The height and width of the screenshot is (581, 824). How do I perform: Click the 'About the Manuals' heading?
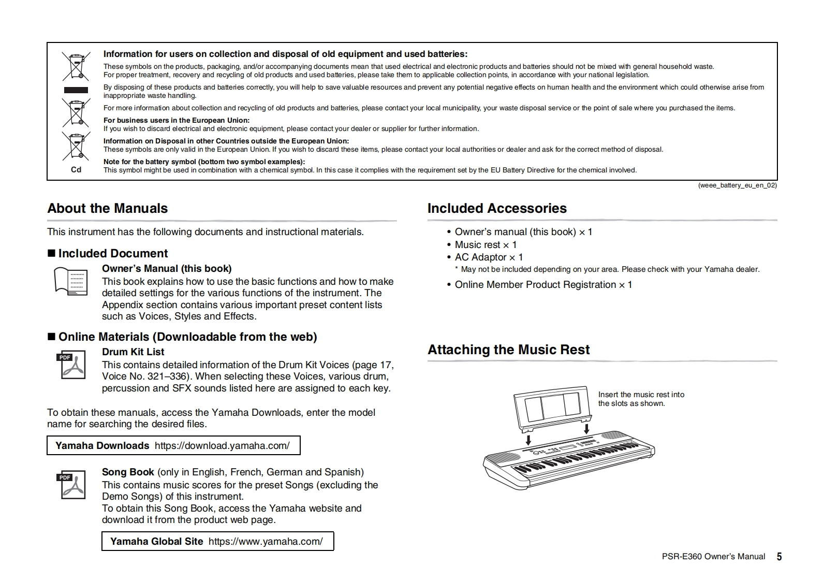point(108,209)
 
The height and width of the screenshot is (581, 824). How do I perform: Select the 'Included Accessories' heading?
point(497,209)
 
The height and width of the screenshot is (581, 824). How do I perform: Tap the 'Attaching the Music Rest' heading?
point(508,350)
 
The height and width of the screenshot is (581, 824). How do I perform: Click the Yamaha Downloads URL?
point(222,446)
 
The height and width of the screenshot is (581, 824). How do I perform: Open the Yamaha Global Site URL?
point(266,542)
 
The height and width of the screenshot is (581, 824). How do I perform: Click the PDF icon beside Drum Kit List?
point(71,366)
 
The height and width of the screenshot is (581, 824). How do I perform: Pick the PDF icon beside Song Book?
point(71,485)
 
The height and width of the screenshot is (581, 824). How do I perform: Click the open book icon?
point(71,281)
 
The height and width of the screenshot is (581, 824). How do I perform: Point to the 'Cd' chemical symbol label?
point(76,170)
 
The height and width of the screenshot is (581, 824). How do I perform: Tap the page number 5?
point(779,557)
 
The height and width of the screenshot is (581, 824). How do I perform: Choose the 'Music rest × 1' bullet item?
point(485,245)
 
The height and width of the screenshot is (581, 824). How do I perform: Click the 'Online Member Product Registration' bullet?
point(543,285)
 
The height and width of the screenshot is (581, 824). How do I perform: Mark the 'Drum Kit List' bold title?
point(133,352)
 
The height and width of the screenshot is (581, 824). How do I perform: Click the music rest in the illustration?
point(552,408)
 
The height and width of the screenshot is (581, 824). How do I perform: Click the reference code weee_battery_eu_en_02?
point(737,185)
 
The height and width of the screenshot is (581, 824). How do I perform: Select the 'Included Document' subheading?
point(113,254)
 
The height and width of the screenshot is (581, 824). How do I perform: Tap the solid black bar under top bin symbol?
point(76,90)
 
